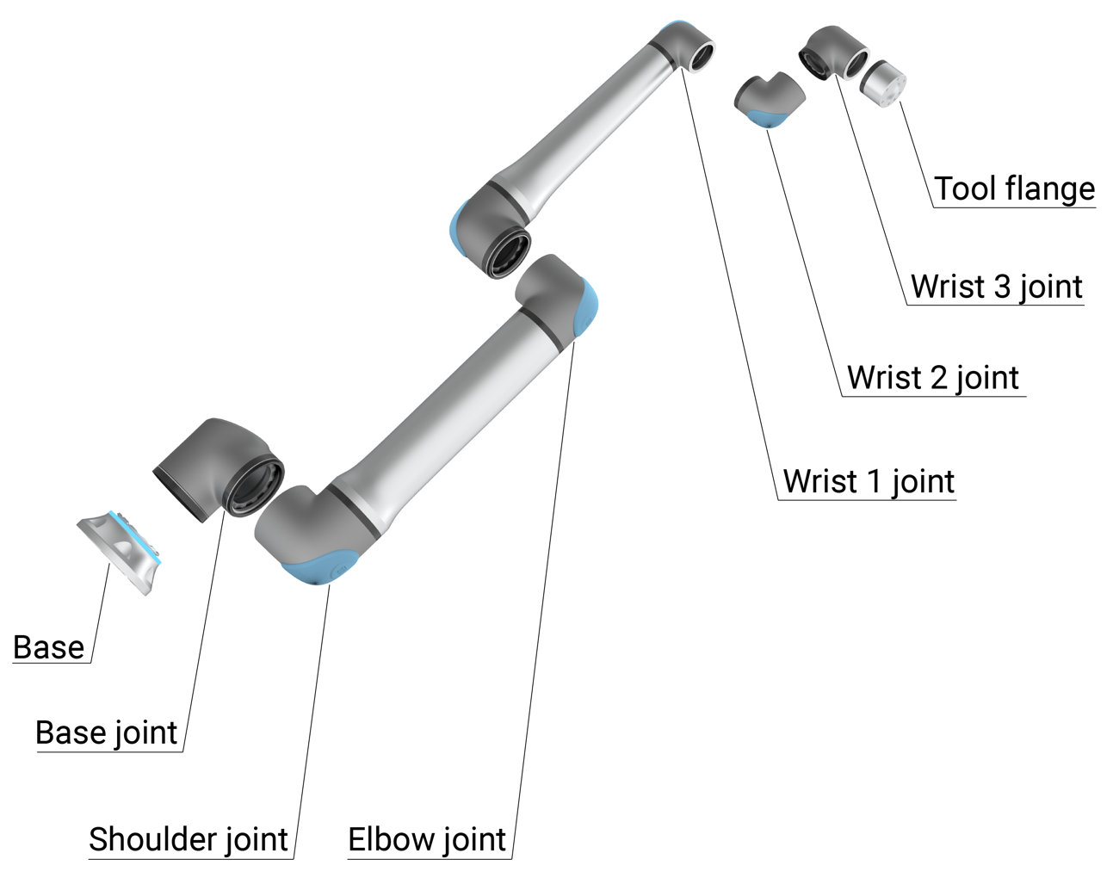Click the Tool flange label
[x=1014, y=189]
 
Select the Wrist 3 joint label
[x=996, y=287]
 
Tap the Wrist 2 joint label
[x=933, y=377]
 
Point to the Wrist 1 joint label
[x=869, y=481]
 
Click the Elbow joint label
[x=427, y=839]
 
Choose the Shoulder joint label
[x=189, y=839]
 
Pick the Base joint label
[x=106, y=733]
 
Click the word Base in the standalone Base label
[x=49, y=647]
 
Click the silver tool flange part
[x=883, y=83]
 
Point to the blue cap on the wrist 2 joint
[x=765, y=119]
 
